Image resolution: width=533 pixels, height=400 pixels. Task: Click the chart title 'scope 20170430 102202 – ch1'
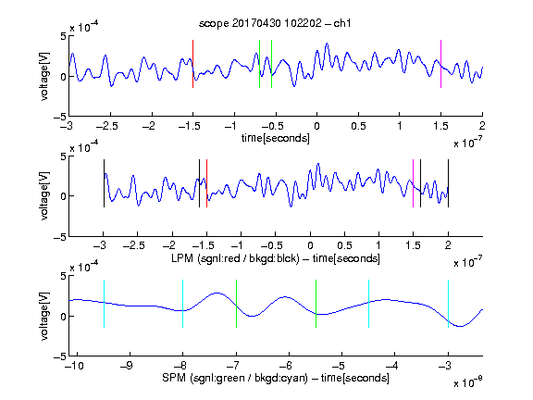click(x=275, y=23)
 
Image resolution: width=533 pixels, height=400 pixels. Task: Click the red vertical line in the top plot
click(x=192, y=64)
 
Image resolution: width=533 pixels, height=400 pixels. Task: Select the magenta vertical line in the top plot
click(x=440, y=64)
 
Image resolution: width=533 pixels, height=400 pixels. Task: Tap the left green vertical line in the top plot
click(x=259, y=64)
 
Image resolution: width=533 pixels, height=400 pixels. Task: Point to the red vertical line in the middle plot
click(x=206, y=183)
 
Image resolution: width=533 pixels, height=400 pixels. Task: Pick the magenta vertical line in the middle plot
click(x=413, y=183)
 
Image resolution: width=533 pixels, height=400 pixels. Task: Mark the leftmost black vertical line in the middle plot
click(x=104, y=183)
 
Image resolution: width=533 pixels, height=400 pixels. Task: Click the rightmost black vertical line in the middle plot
click(x=448, y=183)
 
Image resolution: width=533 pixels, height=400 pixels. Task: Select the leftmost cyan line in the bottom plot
click(x=104, y=304)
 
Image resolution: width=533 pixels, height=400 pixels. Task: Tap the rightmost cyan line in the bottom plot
click(x=448, y=304)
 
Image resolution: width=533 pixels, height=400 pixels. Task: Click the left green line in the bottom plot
click(x=236, y=304)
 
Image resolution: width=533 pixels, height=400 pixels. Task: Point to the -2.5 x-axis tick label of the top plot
click(x=106, y=126)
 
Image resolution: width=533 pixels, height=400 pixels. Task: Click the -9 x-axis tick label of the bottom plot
click(x=127, y=366)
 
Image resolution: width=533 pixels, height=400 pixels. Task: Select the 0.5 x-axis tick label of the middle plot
click(x=344, y=245)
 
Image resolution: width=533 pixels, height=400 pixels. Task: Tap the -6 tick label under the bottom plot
click(x=286, y=366)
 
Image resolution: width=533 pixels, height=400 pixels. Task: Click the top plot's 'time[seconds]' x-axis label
click(x=276, y=138)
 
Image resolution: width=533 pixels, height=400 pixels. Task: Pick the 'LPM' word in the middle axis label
click(x=182, y=258)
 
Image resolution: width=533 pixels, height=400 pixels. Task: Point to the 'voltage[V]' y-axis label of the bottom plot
click(x=44, y=316)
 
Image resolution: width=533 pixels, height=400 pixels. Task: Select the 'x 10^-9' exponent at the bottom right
click(x=467, y=382)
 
